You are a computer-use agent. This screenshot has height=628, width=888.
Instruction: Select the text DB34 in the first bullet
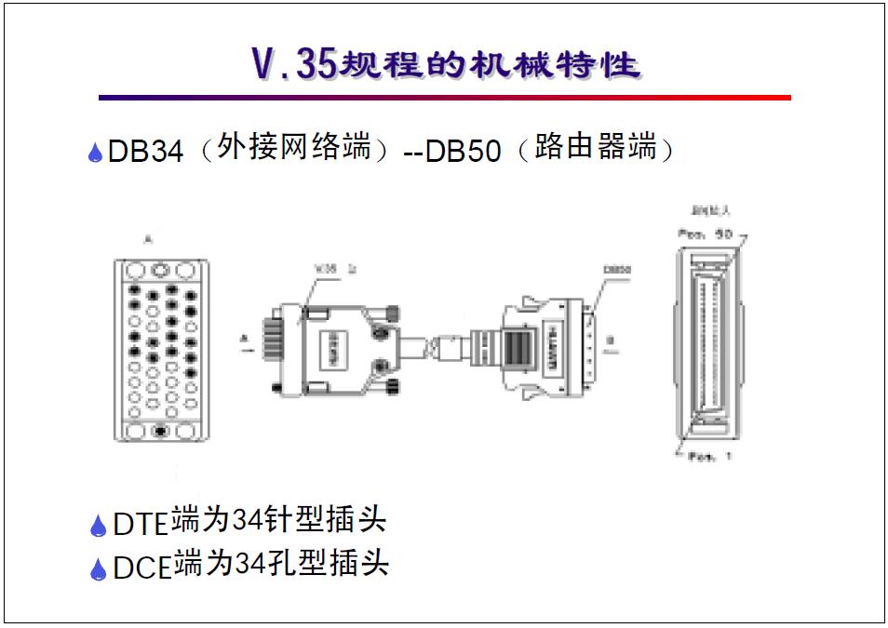click(146, 152)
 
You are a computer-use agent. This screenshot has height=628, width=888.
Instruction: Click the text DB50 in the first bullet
click(463, 152)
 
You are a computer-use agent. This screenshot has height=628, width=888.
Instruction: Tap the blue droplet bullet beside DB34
click(95, 154)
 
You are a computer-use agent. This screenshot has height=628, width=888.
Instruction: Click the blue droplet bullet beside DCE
click(98, 568)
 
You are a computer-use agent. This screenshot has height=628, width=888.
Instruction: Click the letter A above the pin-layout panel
click(149, 241)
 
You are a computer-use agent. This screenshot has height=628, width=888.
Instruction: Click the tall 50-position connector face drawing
click(706, 343)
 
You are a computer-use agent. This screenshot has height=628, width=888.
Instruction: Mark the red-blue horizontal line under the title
click(444, 97)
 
